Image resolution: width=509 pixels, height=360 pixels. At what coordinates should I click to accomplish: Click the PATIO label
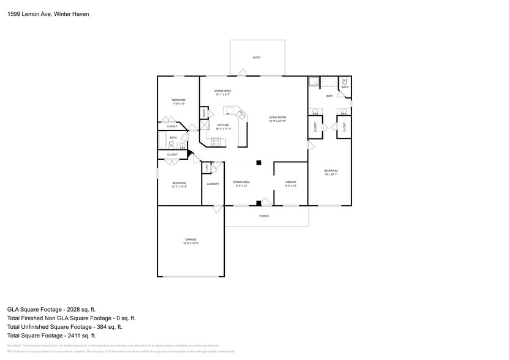[257, 58]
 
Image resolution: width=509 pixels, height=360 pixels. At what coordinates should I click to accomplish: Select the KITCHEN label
[222, 125]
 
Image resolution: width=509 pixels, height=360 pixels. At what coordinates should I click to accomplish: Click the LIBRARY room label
[290, 182]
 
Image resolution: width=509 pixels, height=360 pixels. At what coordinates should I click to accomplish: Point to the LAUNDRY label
[213, 184]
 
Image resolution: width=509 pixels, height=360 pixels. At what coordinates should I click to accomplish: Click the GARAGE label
[190, 239]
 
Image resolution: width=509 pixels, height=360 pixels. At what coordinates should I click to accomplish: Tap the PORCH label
[264, 216]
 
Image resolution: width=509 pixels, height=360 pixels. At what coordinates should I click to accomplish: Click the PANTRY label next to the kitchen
[203, 113]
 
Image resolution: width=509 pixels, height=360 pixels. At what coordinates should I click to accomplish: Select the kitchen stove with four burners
[216, 142]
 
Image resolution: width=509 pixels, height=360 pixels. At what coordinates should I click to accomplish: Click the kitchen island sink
[241, 114]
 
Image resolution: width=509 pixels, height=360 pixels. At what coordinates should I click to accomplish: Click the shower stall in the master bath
[314, 81]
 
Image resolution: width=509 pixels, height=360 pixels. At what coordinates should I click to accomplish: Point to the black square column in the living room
[259, 162]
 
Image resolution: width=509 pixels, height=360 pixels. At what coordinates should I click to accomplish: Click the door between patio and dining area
[241, 73]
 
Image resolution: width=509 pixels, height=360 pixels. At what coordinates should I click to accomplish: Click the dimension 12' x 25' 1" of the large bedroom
[331, 174]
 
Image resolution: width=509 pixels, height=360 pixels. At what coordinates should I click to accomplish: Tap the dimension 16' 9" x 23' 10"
[277, 121]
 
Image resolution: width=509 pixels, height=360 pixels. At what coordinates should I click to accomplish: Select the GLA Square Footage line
[51, 310]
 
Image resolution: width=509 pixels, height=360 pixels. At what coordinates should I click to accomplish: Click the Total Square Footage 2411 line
[51, 336]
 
